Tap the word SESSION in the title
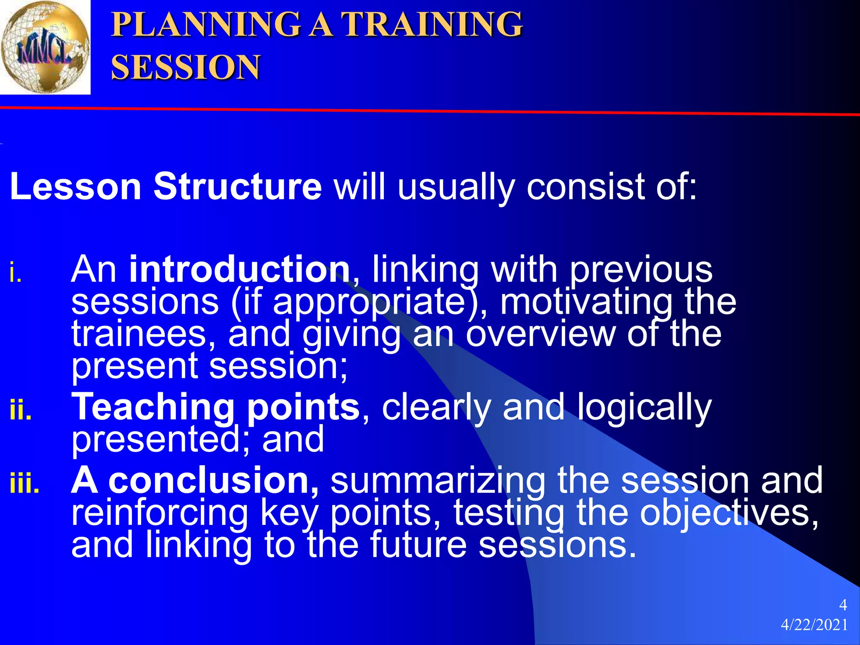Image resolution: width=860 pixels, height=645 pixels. click(186, 67)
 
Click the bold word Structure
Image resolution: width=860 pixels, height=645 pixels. click(237, 186)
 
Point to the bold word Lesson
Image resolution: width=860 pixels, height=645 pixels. click(76, 186)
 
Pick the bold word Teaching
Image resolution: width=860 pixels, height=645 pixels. click(153, 407)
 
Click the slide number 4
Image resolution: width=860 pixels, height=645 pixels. click(842, 605)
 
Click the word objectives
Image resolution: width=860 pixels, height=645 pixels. click(729, 513)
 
